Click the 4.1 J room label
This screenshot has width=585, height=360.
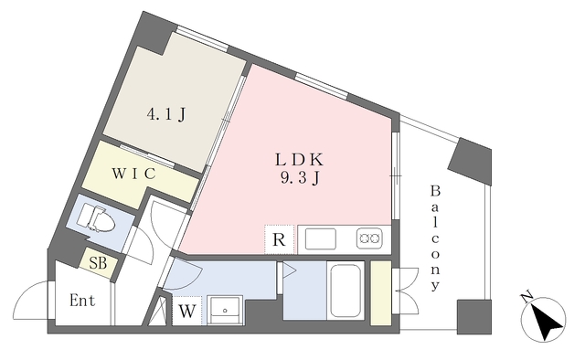click(x=166, y=114)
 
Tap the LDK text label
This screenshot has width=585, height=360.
click(x=299, y=160)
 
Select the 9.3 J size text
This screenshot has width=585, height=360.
click(x=300, y=179)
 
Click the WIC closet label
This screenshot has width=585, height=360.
click(x=133, y=174)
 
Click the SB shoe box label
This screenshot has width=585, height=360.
click(x=98, y=263)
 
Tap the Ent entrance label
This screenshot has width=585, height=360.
click(x=82, y=301)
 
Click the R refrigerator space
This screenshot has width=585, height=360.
click(x=280, y=239)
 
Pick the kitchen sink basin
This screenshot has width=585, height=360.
click(x=321, y=239)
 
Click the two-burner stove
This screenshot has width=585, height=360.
click(x=369, y=238)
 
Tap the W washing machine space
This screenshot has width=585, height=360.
click(x=186, y=311)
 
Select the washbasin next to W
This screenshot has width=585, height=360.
click(x=225, y=310)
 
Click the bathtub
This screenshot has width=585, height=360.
click(x=346, y=291)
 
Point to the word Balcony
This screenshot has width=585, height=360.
click(x=435, y=238)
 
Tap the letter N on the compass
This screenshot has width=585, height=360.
click(x=526, y=297)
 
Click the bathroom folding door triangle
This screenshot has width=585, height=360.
click(x=289, y=270)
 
